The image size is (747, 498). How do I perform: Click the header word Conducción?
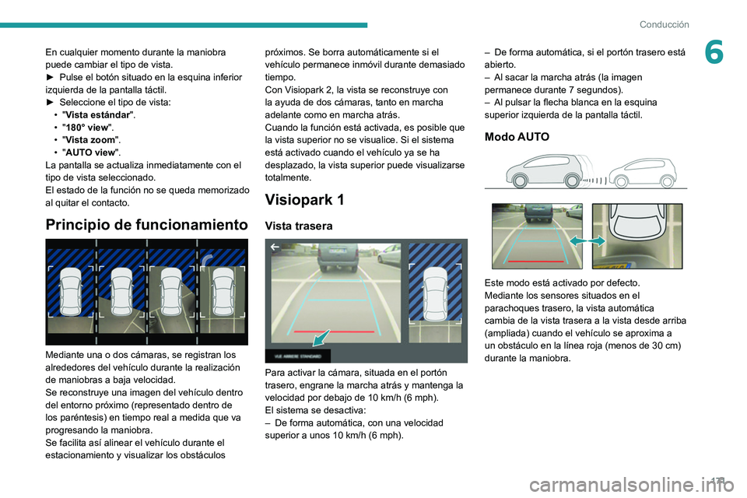click(664, 24)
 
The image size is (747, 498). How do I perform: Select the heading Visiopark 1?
click(305, 199)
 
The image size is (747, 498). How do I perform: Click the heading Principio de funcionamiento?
click(146, 225)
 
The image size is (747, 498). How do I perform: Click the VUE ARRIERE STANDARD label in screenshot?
click(297, 356)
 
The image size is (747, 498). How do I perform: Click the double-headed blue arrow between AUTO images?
click(587, 242)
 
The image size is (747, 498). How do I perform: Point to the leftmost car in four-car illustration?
click(71, 291)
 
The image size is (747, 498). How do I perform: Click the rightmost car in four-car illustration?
click(223, 291)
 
